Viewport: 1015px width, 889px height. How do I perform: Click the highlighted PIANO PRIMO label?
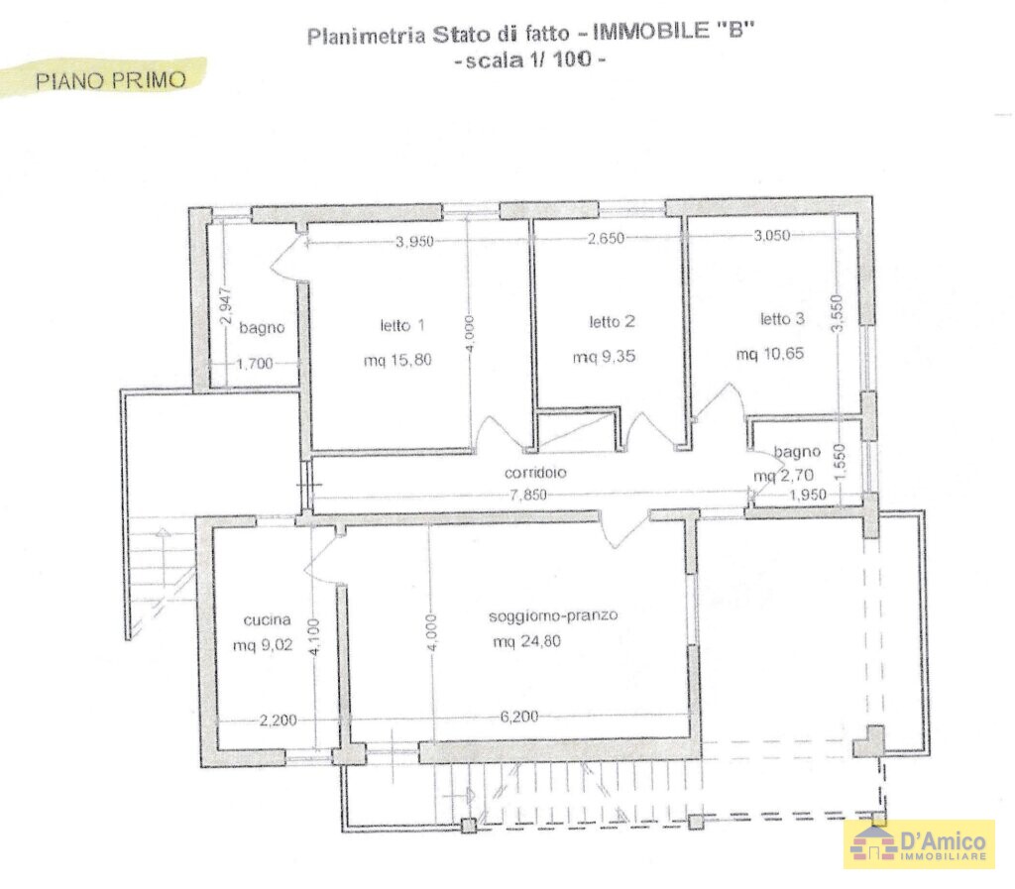[x=110, y=79]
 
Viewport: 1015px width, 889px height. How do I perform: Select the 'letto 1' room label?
[x=402, y=324]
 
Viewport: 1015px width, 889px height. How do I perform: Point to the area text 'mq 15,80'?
[x=397, y=360]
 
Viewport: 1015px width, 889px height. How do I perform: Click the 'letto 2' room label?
[x=612, y=321]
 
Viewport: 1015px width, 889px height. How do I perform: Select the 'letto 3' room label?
[x=782, y=318]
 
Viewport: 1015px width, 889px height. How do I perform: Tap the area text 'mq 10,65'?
[x=769, y=354]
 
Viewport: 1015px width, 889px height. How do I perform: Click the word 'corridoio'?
[x=534, y=473]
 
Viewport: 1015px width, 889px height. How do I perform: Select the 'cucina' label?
[x=268, y=620]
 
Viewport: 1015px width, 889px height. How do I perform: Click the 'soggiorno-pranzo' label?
[x=553, y=615]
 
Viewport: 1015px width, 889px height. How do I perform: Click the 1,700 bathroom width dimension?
[x=256, y=364]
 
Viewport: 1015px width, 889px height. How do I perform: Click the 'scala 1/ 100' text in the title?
[x=528, y=60]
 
